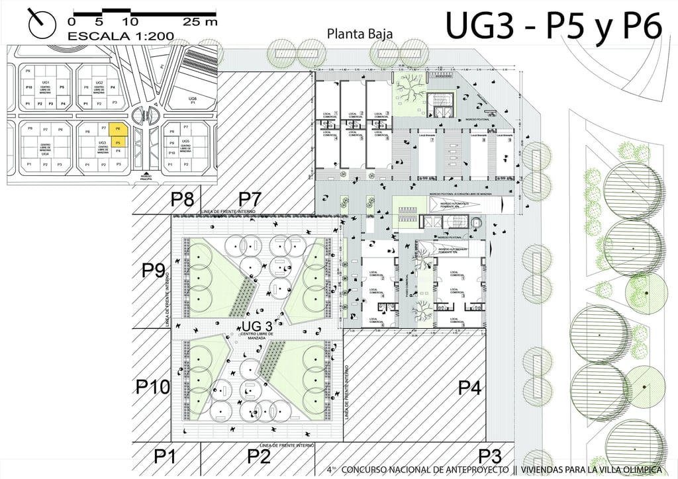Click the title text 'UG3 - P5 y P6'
tap(554, 27)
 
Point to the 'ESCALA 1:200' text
tap(121, 35)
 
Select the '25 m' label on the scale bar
tap(200, 21)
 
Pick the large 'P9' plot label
tap(154, 271)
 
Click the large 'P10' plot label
tap(154, 387)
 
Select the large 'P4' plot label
tap(469, 387)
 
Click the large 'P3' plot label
tap(489, 456)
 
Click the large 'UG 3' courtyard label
tap(257, 326)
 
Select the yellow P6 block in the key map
tap(117, 129)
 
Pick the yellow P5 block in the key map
tap(117, 142)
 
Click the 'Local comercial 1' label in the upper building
tap(328, 114)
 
